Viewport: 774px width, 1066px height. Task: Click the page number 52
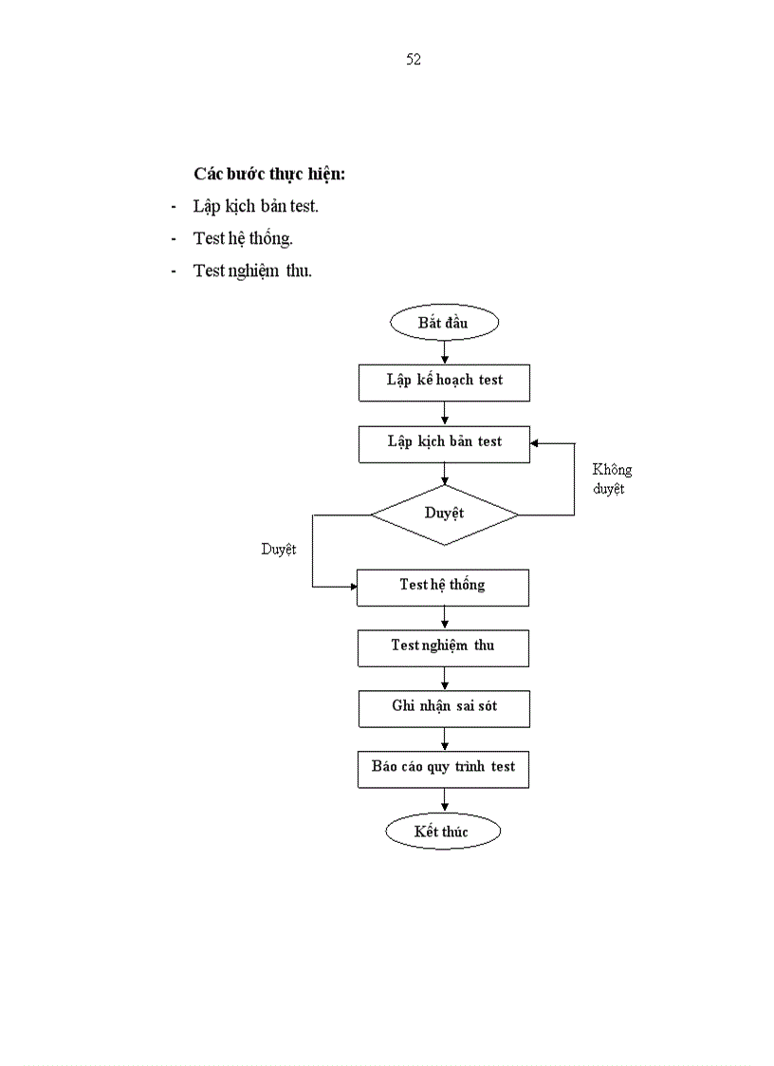click(414, 60)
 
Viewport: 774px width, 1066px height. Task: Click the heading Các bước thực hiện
click(269, 175)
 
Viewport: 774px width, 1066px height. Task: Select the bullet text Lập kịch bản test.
click(255, 207)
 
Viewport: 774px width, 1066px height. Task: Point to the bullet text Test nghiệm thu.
click(252, 271)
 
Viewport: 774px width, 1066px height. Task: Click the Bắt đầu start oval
click(443, 323)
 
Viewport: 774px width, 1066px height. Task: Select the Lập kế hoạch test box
click(444, 382)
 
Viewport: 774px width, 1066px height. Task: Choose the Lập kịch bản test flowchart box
click(444, 443)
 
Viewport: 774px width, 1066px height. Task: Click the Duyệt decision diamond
click(444, 514)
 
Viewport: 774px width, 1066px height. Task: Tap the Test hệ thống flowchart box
click(442, 587)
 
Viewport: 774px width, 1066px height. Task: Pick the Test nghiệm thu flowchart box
click(443, 647)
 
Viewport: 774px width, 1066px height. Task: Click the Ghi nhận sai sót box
click(444, 707)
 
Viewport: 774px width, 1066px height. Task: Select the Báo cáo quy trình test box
click(443, 768)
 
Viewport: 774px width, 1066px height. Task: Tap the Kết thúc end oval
click(442, 832)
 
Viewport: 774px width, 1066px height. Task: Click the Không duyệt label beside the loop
click(612, 479)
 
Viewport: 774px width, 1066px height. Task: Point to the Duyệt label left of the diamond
click(279, 550)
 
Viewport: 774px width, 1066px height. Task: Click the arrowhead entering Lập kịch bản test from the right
click(536, 443)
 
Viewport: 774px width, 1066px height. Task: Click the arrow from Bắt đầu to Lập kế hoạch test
click(444, 351)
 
